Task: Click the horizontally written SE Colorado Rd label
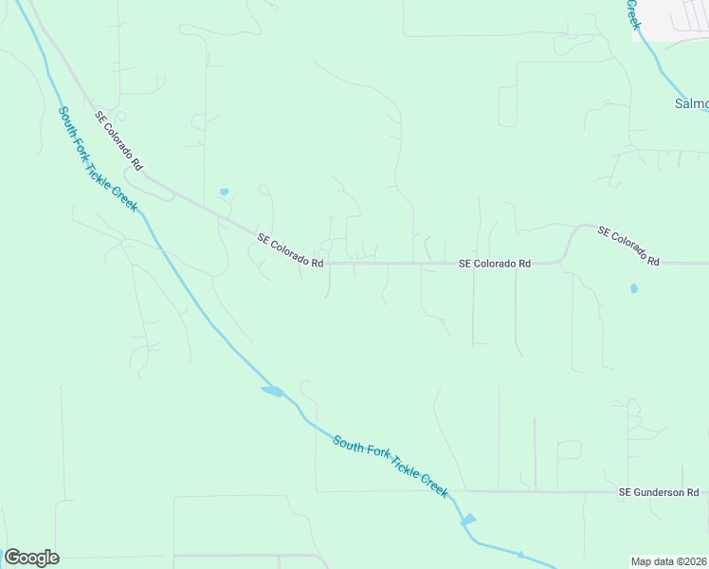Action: pyautogui.click(x=495, y=264)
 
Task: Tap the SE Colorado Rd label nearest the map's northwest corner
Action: pyautogui.click(x=118, y=140)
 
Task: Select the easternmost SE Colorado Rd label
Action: pyautogui.click(x=627, y=245)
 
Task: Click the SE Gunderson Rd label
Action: pyautogui.click(x=658, y=492)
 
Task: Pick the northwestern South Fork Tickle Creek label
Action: pyautogui.click(x=98, y=158)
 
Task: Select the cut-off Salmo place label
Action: pyautogui.click(x=691, y=102)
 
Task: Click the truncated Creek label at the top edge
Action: pyautogui.click(x=634, y=14)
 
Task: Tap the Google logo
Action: pyautogui.click(x=31, y=558)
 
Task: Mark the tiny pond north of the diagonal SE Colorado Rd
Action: pyautogui.click(x=224, y=192)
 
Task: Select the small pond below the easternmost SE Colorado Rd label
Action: pyautogui.click(x=633, y=288)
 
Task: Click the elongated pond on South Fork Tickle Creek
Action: pyautogui.click(x=272, y=391)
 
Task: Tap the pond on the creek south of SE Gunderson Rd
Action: pyautogui.click(x=467, y=519)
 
